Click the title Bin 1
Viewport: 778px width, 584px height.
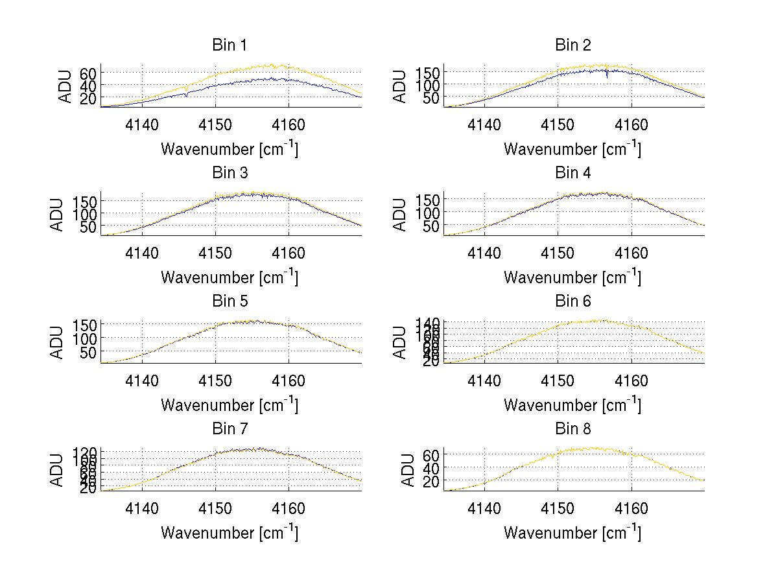tap(230, 45)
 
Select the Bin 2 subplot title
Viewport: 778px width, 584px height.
tap(573, 45)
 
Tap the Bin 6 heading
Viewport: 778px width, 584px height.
tap(573, 301)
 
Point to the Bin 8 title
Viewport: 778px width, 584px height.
tap(573, 429)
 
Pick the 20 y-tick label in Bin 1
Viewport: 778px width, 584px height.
tap(88, 97)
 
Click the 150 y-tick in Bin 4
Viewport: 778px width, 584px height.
tap(429, 199)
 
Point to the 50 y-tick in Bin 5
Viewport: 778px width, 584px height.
tap(88, 352)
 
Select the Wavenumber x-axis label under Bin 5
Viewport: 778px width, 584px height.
tap(230, 405)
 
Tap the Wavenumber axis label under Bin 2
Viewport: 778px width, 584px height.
tap(572, 149)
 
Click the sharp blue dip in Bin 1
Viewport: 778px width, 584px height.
tap(187, 95)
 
